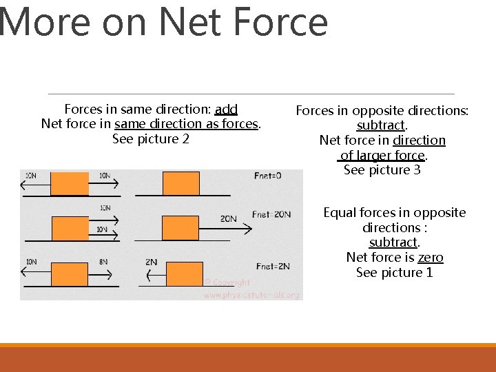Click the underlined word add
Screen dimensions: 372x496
(226, 109)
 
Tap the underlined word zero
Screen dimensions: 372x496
(431, 258)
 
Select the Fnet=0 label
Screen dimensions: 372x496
(267, 176)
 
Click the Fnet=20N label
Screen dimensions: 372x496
(271, 215)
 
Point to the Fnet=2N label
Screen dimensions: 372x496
(272, 266)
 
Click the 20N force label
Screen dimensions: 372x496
(229, 218)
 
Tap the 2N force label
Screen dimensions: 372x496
(152, 262)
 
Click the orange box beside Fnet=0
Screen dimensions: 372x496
(181, 184)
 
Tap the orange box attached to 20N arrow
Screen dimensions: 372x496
(180, 229)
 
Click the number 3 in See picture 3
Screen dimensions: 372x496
(417, 170)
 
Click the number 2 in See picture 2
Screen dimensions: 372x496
(185, 139)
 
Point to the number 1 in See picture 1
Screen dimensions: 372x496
(429, 273)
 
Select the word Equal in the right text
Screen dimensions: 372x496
(340, 213)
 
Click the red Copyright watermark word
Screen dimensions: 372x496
(231, 282)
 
